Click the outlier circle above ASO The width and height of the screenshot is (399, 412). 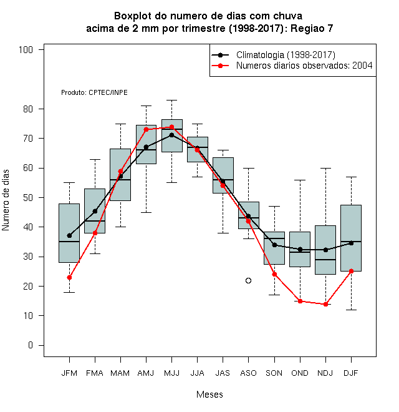click(x=248, y=281)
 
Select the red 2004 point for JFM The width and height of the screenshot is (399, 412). click(x=69, y=277)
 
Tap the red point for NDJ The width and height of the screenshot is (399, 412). click(x=325, y=304)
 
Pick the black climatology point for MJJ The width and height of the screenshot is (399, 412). click(x=171, y=135)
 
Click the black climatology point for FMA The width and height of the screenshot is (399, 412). click(x=95, y=211)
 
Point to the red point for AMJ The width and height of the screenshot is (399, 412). click(x=147, y=130)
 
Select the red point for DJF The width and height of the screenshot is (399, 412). click(x=351, y=271)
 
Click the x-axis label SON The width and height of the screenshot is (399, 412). click(x=274, y=373)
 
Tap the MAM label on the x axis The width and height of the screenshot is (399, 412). click(x=120, y=373)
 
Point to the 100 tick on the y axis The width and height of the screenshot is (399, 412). click(x=26, y=50)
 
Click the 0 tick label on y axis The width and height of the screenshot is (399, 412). click(x=31, y=345)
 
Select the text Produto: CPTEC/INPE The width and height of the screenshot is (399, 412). click(x=94, y=92)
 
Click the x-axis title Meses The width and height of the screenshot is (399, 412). click(x=209, y=395)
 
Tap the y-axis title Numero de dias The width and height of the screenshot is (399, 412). click(x=6, y=200)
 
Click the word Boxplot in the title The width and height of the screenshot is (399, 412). click(x=133, y=16)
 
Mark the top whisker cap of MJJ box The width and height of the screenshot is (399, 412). click(x=171, y=100)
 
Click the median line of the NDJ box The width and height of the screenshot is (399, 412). click(x=325, y=260)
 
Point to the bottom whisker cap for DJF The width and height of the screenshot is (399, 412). click(x=351, y=310)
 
